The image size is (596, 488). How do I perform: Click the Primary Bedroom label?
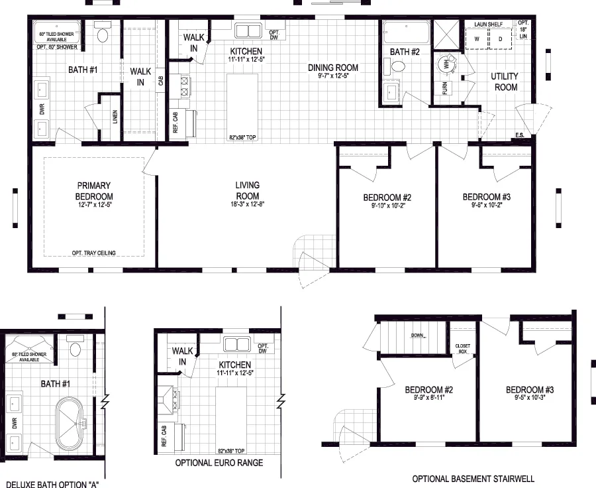pyautogui.click(x=93, y=191)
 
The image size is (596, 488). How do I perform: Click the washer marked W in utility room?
pyautogui.click(x=475, y=39)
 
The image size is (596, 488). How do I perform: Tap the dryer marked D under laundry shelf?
pyautogui.click(x=501, y=39)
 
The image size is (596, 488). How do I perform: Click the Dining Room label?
pyautogui.click(x=333, y=68)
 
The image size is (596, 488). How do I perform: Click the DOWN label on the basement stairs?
pyautogui.click(x=417, y=335)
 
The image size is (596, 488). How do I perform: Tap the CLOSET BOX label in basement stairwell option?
pyautogui.click(x=462, y=348)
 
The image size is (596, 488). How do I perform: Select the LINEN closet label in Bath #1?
pyautogui.click(x=115, y=117)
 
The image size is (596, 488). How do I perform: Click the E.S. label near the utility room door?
pyautogui.click(x=521, y=136)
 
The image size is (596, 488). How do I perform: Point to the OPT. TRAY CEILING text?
pyautogui.click(x=94, y=253)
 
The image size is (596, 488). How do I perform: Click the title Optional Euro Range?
pyautogui.click(x=219, y=463)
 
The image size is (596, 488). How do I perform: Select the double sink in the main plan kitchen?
pyautogui.click(x=249, y=30)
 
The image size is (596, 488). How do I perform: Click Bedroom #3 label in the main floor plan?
pyautogui.click(x=486, y=197)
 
